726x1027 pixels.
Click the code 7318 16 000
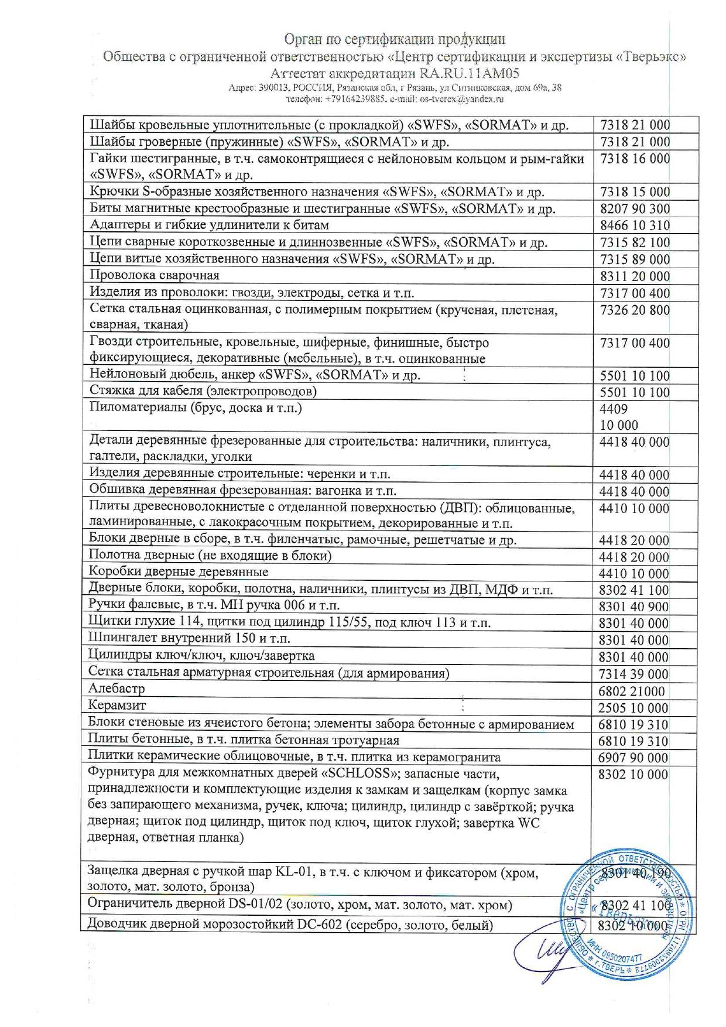pyautogui.click(x=635, y=159)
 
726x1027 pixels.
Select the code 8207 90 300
pyautogui.click(x=635, y=209)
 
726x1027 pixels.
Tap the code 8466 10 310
pyautogui.click(x=635, y=226)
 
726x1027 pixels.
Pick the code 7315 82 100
pyautogui.click(x=635, y=242)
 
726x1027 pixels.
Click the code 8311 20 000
pyautogui.click(x=635, y=276)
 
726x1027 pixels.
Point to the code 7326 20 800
pyautogui.click(x=635, y=310)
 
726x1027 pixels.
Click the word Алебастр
pyautogui.click(x=117, y=689)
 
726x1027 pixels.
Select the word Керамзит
pyautogui.click(x=117, y=706)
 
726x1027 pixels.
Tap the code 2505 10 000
pyautogui.click(x=633, y=708)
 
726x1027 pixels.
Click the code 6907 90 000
pyautogui.click(x=633, y=758)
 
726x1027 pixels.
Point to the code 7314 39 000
pyautogui.click(x=633, y=675)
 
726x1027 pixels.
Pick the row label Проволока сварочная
pyautogui.click(x=155, y=275)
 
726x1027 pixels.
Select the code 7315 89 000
pyautogui.click(x=635, y=259)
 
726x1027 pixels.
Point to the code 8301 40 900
pyautogui.click(x=633, y=607)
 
